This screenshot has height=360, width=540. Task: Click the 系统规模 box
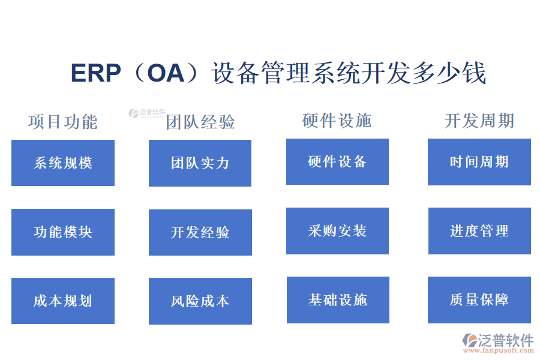tap(63, 163)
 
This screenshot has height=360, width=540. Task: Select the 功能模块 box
tap(63, 232)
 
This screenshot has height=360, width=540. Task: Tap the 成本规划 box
tap(63, 301)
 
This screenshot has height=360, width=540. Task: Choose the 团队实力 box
tap(200, 163)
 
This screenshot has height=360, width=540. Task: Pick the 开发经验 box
tap(200, 233)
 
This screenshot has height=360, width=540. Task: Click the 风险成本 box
tap(200, 301)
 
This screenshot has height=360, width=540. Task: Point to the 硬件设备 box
tap(337, 161)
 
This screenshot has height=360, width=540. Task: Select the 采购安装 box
tap(337, 231)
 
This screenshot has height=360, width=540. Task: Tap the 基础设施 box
tap(337, 300)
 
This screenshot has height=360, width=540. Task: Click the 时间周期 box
tap(479, 162)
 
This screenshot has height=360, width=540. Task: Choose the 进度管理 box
tap(479, 231)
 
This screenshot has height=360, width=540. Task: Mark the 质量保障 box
tap(479, 300)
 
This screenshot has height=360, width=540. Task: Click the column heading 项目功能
tap(63, 122)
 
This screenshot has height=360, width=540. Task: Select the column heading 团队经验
tap(200, 122)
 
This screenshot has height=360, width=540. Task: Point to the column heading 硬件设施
tap(337, 121)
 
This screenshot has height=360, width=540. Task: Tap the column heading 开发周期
tap(479, 121)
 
